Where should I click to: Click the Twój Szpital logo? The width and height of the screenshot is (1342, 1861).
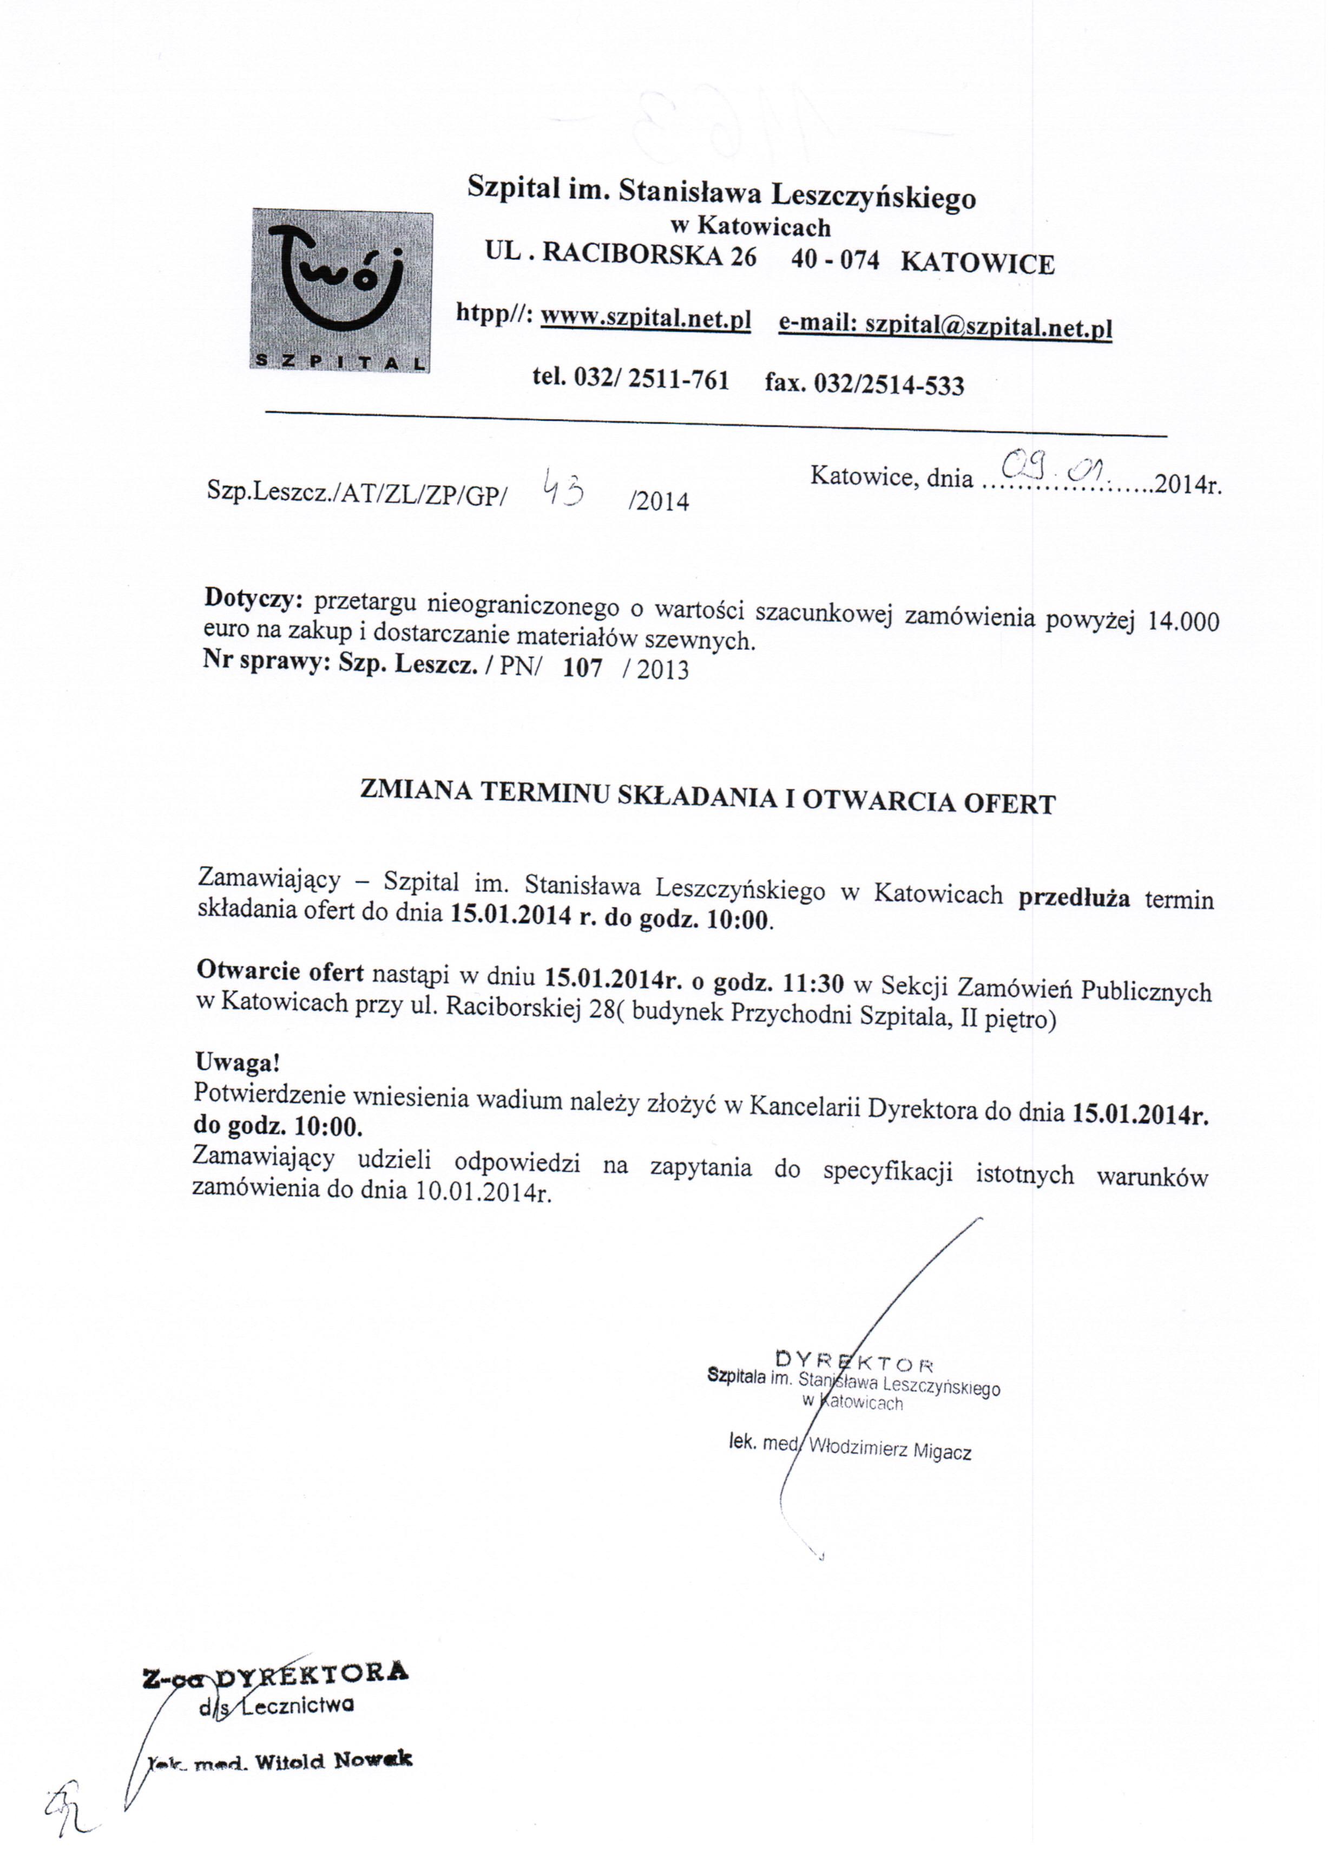coord(340,291)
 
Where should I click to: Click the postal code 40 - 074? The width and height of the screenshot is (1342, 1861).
coord(834,260)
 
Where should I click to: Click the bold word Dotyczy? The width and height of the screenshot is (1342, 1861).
coord(253,599)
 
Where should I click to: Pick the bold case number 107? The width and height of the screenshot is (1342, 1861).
coord(582,668)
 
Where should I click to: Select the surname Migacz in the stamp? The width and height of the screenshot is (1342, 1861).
coord(943,1451)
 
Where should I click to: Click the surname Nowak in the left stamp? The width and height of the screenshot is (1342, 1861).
coord(373,1759)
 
